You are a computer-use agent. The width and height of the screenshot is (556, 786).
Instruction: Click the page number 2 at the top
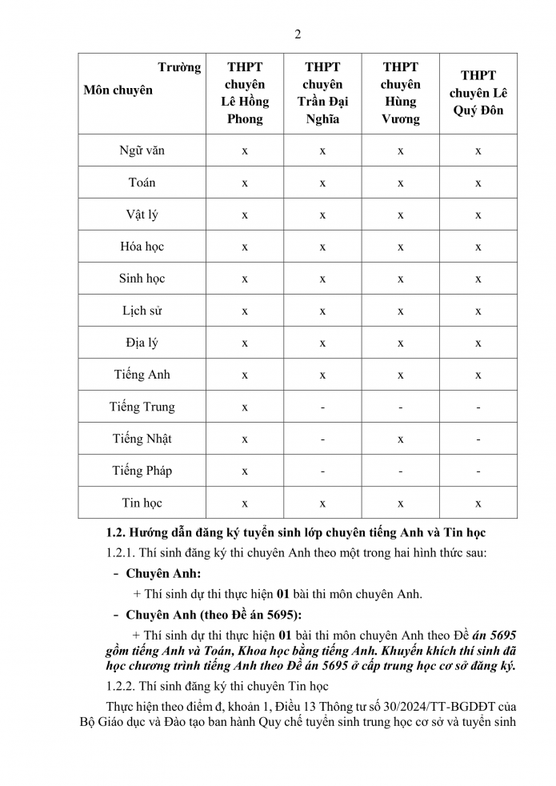point(298,34)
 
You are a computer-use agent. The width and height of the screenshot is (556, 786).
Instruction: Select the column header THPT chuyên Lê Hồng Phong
point(245,93)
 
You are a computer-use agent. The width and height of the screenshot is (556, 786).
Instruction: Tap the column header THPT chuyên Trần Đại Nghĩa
point(322,93)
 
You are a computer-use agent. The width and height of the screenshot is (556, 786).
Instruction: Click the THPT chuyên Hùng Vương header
point(400,93)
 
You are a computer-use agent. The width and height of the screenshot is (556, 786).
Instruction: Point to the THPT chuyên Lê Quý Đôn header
point(478,93)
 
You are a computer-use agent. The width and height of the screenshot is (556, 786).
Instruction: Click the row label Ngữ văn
point(142,150)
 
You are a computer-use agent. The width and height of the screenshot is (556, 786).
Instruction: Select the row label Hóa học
point(142,247)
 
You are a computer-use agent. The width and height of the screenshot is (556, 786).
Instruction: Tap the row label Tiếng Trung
point(142,407)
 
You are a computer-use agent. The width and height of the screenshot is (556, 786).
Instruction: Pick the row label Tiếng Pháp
point(142,471)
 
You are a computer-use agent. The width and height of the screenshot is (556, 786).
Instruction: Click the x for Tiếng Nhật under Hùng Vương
point(400,439)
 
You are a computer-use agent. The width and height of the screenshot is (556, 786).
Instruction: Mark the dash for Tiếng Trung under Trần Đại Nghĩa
point(322,407)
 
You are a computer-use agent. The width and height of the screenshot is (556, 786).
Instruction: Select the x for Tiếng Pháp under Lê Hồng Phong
point(245,471)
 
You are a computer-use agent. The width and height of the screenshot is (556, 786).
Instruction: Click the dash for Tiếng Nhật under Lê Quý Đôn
point(478,439)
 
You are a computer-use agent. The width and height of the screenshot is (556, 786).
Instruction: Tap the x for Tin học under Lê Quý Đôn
point(478,503)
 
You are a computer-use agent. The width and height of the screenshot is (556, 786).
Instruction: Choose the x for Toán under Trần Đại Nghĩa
point(322,183)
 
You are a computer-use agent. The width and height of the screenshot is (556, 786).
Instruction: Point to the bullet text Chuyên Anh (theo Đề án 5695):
point(214,615)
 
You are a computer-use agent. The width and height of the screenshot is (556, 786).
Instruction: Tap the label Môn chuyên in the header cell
point(118,90)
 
